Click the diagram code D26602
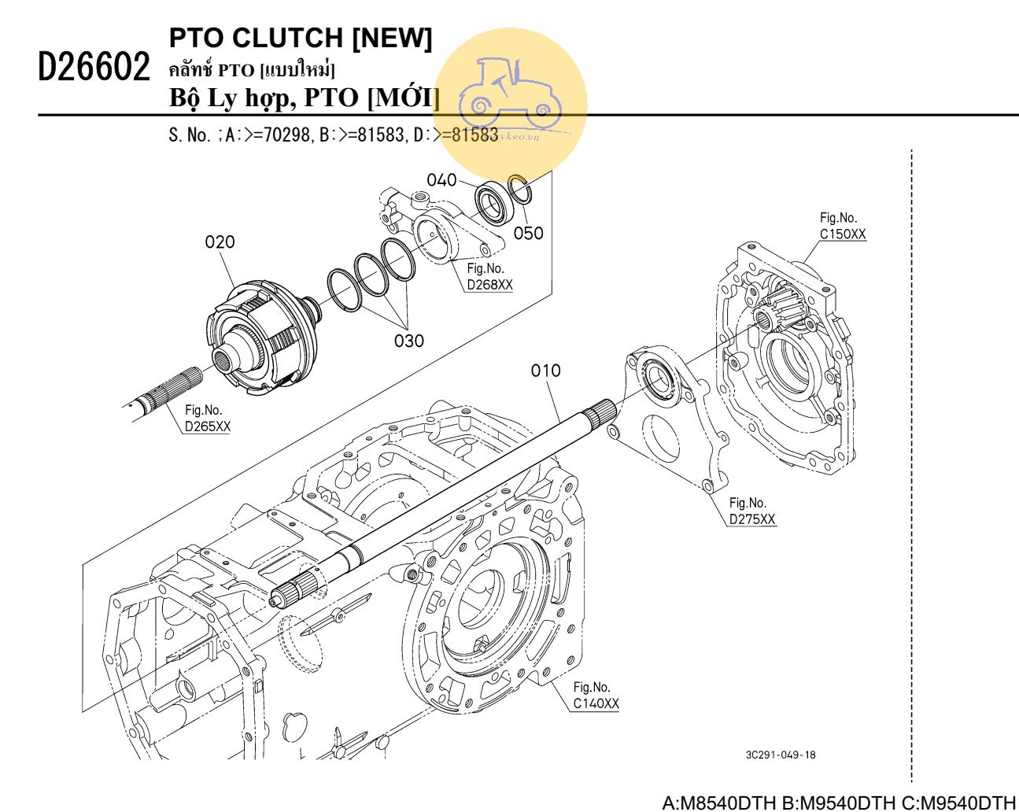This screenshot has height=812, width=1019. [94, 68]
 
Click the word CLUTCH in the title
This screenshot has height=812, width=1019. [289, 38]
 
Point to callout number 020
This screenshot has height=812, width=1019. [220, 242]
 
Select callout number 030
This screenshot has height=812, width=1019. [408, 341]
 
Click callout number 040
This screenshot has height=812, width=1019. [441, 180]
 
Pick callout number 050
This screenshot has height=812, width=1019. [528, 233]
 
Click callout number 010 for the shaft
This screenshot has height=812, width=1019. [545, 370]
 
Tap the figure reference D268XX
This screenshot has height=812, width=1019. [489, 285]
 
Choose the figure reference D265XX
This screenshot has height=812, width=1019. [208, 426]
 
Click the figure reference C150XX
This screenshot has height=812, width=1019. [843, 234]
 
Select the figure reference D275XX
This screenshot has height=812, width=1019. [752, 519]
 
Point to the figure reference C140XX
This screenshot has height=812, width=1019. [596, 703]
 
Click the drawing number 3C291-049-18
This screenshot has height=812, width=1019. [781, 755]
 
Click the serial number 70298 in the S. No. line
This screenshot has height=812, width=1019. [286, 135]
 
